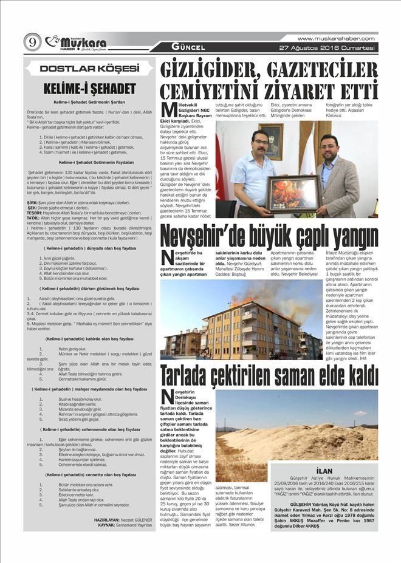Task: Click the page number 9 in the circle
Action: pos(32,42)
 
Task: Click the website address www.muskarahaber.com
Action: pos(336,38)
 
